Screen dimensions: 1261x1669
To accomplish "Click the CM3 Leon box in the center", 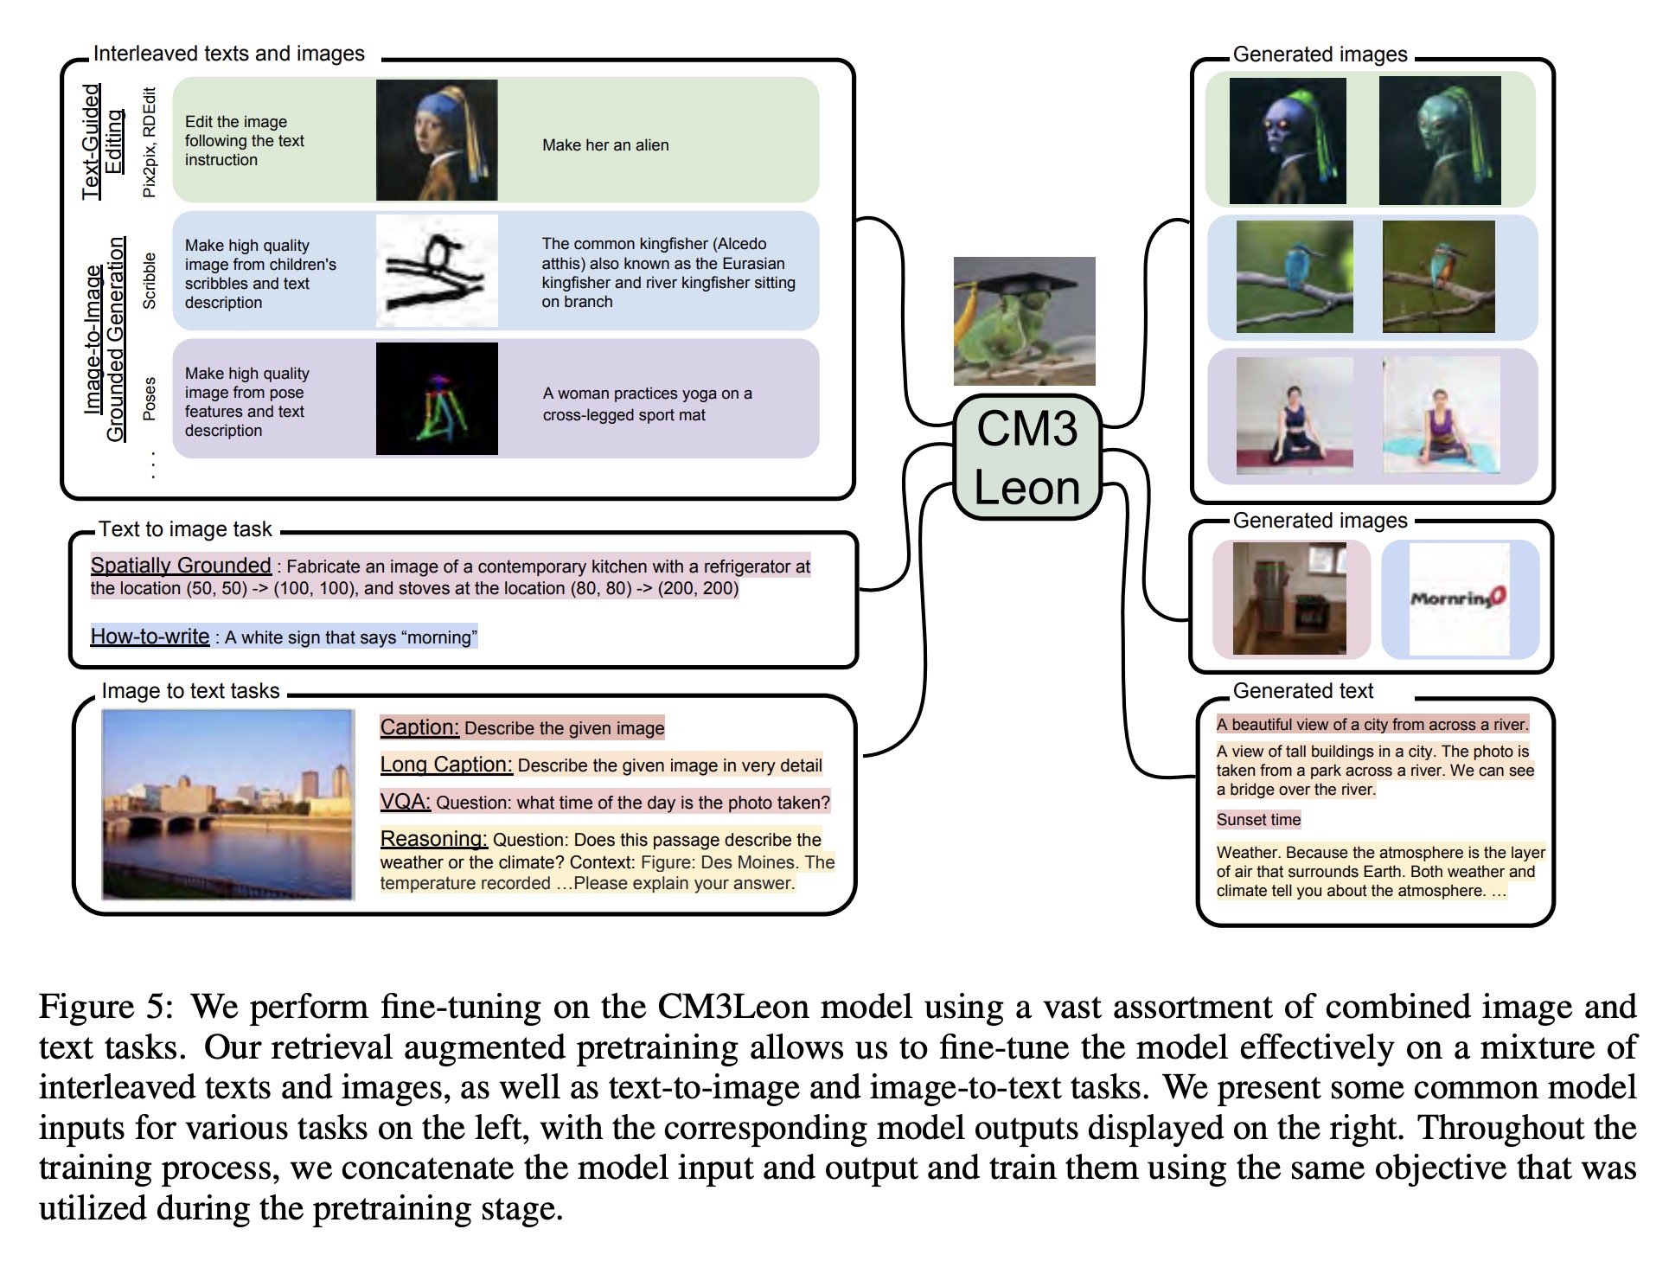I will click(1026, 458).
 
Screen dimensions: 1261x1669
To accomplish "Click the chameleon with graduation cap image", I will click(1024, 321).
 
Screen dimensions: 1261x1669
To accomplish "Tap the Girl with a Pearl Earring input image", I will click(437, 140).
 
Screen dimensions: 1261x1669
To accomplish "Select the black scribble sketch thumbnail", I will click(437, 271).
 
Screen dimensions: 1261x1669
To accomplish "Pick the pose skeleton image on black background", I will click(437, 399).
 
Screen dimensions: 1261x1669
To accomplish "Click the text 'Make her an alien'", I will click(605, 145).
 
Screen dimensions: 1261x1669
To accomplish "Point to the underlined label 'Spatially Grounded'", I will click(181, 566).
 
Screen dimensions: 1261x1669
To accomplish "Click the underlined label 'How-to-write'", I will click(150, 637).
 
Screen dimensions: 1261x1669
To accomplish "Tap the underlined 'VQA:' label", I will click(405, 802).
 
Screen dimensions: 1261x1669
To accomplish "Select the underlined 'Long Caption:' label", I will click(446, 765).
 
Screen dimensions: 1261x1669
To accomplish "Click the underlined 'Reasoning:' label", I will click(433, 839).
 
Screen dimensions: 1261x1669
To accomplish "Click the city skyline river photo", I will click(228, 804).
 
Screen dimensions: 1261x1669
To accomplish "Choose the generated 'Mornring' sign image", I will click(1459, 598).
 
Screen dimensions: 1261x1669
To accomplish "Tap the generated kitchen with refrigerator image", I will click(1289, 598).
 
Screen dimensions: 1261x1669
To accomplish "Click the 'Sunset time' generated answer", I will click(1258, 820).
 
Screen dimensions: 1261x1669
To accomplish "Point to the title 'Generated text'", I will click(1302, 691).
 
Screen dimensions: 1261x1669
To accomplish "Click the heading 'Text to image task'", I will click(185, 529).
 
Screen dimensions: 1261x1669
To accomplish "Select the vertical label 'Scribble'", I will click(150, 281).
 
